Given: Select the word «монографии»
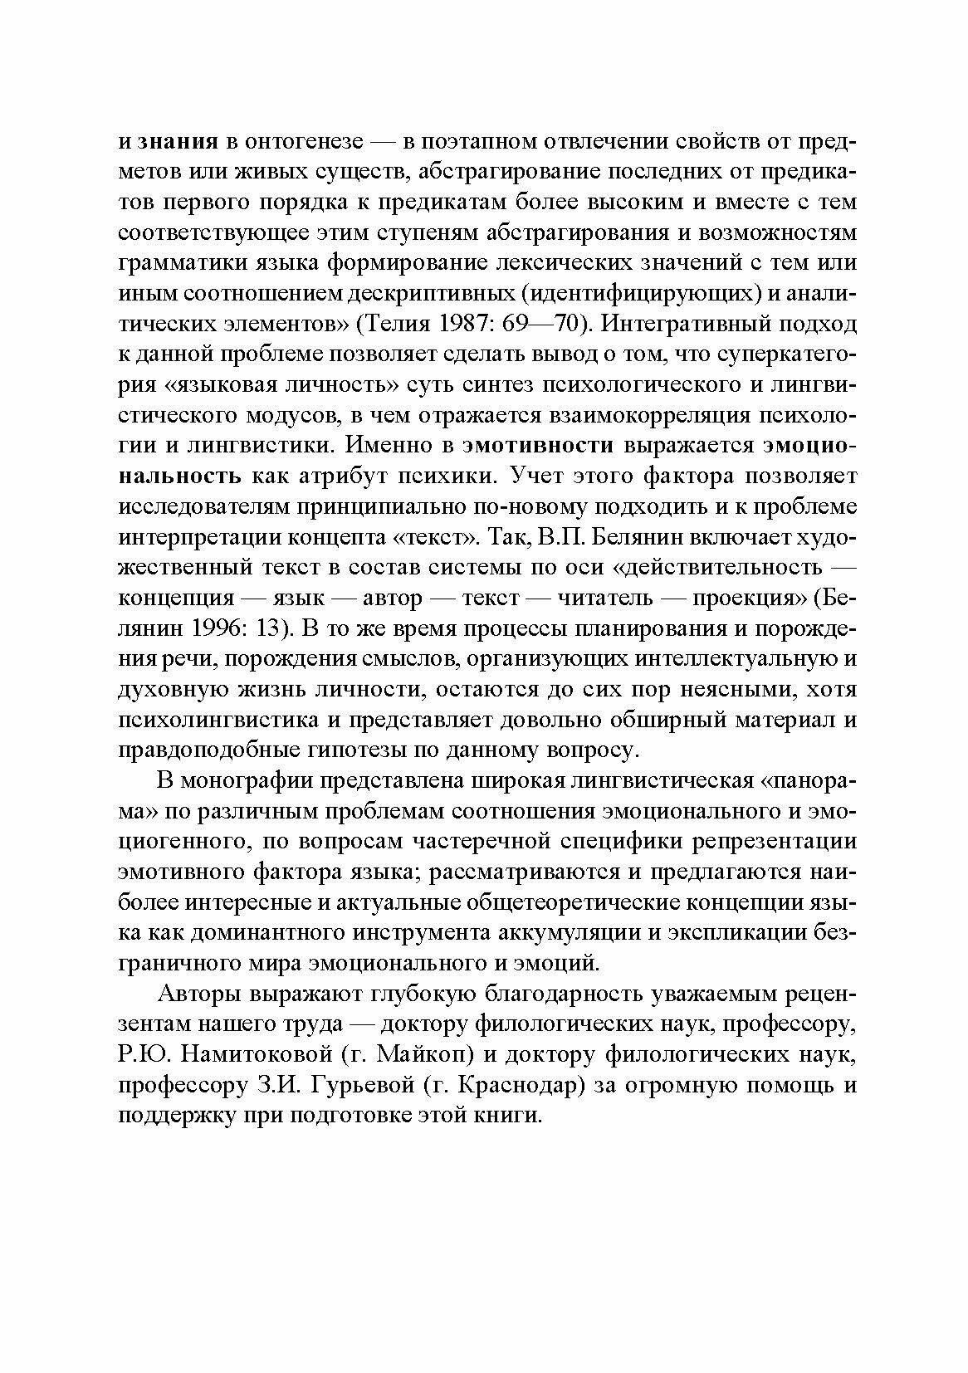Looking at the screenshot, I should pyautogui.click(x=244, y=783).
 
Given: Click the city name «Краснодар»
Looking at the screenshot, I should pyautogui.click(x=521, y=1087).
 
